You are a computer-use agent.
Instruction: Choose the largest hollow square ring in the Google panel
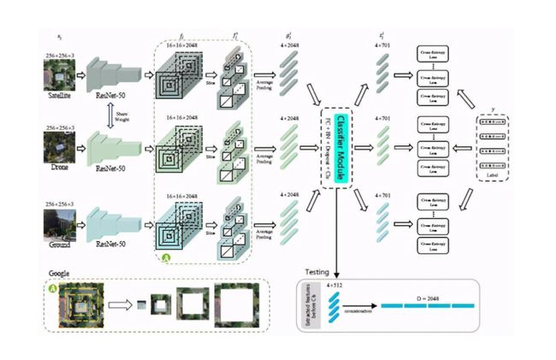coord(242,304)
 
